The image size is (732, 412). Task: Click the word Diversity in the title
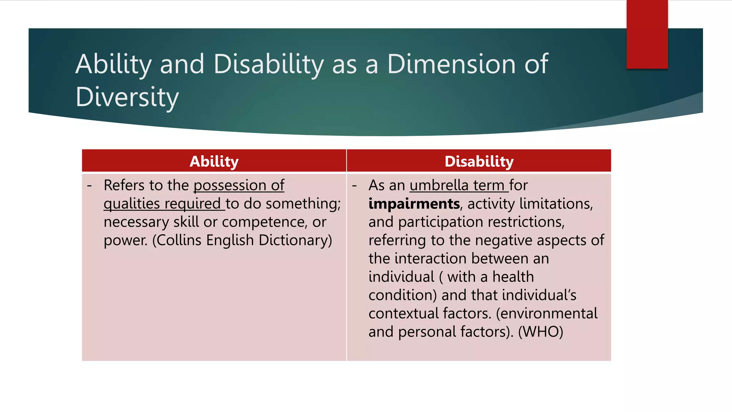click(127, 97)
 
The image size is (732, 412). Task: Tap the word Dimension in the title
click(451, 64)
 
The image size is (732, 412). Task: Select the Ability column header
click(214, 161)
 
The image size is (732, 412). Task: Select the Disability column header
click(479, 161)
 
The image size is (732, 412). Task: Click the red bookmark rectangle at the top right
click(647, 34)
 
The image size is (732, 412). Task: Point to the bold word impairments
click(414, 204)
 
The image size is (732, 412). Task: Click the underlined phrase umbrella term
click(459, 185)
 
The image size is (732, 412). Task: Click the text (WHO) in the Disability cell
click(540, 332)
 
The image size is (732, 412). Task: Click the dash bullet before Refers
click(89, 186)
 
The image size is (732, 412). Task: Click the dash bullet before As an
click(355, 186)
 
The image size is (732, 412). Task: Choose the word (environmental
click(546, 314)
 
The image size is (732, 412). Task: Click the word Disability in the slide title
click(268, 64)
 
